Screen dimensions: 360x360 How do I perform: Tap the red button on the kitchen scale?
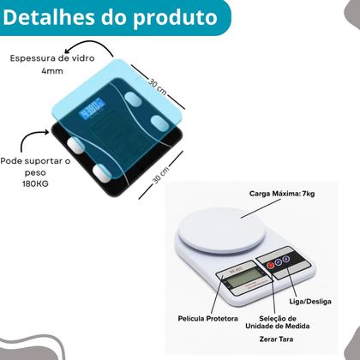coord(271,266)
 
